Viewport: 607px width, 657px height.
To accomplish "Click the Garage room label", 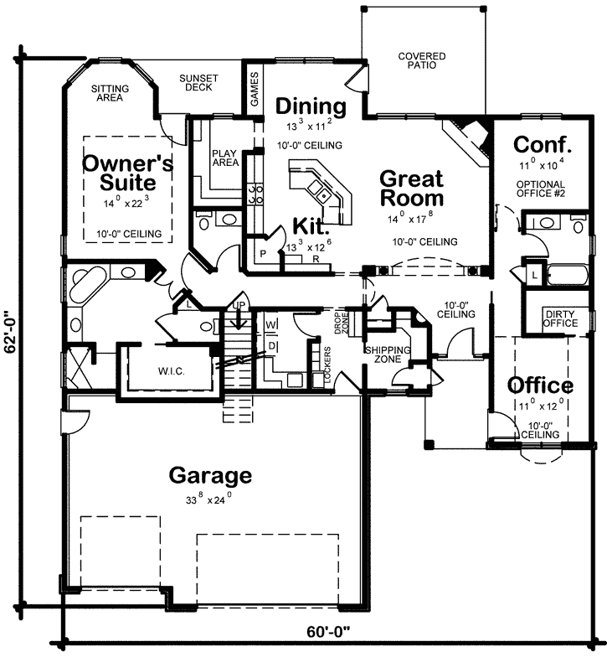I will [210, 476].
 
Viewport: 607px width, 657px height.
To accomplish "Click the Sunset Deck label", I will [198, 84].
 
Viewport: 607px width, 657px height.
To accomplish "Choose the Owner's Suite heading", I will [127, 173].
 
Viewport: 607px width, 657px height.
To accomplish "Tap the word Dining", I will [311, 106].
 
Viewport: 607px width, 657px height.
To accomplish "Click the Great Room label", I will [411, 189].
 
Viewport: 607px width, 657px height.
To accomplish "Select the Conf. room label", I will [542, 142].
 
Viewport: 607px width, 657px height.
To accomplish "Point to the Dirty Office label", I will [560, 318].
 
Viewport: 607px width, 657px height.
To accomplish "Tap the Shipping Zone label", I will [386, 354].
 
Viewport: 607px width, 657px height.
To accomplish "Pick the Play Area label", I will [225, 158].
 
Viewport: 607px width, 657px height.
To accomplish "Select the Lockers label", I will [327, 367].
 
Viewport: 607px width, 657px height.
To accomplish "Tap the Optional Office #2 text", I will [540, 189].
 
